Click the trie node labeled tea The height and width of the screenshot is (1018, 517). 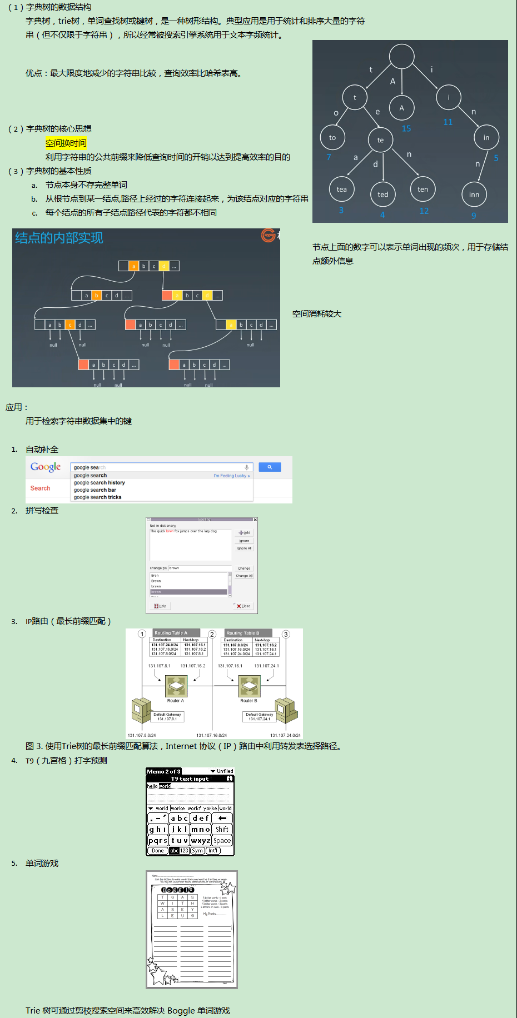(341, 189)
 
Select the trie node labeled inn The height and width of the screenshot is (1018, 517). (474, 194)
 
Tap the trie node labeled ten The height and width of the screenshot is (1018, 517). (423, 189)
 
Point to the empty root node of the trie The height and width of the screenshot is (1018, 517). (401, 57)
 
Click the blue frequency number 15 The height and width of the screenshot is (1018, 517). (406, 129)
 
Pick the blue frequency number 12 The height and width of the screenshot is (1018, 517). (424, 211)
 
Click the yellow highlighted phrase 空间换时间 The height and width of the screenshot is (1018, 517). (66, 143)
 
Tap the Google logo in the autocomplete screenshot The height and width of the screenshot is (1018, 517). (46, 467)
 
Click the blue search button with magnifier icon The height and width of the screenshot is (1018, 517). (270, 467)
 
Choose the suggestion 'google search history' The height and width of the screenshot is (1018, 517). (100, 483)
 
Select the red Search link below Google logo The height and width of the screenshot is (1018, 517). (40, 488)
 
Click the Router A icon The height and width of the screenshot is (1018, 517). (176, 686)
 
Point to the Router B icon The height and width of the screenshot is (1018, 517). (249, 686)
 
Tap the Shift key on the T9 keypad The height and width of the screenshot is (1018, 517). (222, 830)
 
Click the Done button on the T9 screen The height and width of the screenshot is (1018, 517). (158, 851)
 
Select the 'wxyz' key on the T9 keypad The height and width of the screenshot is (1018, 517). (200, 841)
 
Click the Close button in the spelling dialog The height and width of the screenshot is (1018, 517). (244, 606)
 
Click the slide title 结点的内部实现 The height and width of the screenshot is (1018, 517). (59, 238)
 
